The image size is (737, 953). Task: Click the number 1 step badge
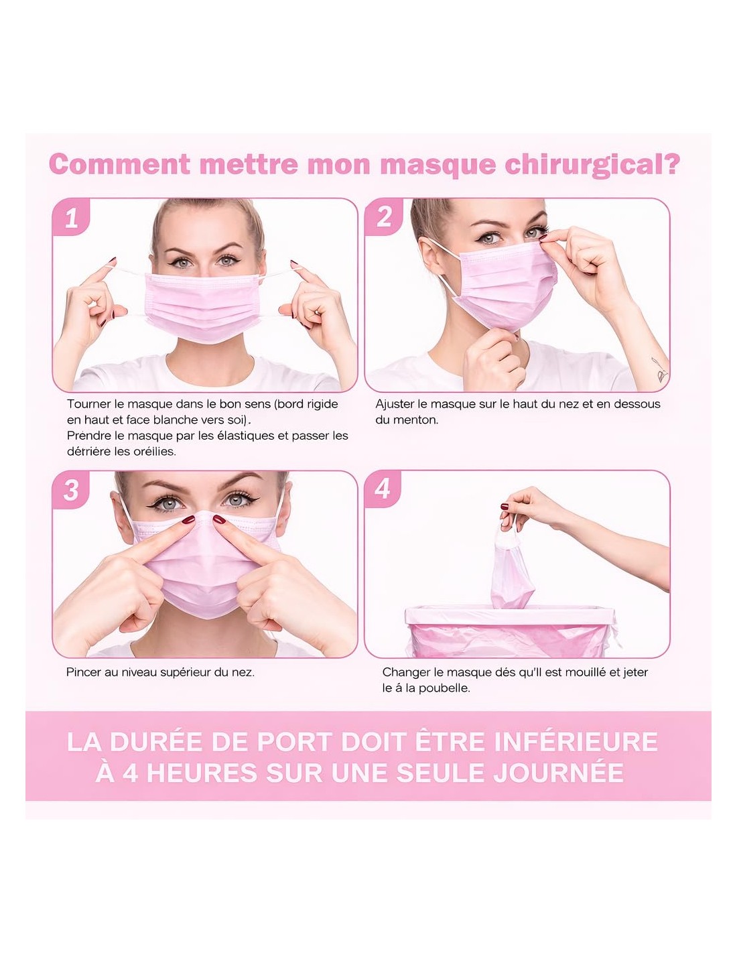click(71, 217)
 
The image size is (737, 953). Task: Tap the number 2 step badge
click(383, 216)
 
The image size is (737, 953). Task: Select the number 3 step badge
click(71, 489)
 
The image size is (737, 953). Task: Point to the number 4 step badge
click(383, 489)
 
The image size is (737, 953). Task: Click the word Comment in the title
click(120, 164)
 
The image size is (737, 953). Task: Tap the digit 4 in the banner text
click(131, 773)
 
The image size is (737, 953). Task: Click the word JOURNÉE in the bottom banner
click(559, 772)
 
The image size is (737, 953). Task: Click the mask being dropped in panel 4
click(511, 568)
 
